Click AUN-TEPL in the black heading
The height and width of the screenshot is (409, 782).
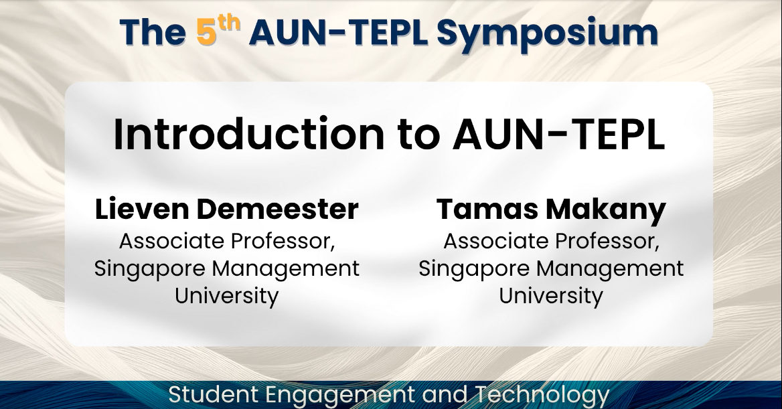pos(558,134)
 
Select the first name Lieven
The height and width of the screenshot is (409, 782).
pos(137,210)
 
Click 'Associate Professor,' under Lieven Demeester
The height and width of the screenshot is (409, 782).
pos(227,241)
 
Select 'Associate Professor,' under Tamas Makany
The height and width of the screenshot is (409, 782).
pos(551,241)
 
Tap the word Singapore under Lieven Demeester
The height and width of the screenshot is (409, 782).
pos(151,269)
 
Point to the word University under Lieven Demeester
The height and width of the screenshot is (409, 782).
pos(227,295)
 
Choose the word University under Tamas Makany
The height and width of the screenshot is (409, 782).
pos(551,295)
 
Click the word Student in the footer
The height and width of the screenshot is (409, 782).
pos(208,394)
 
